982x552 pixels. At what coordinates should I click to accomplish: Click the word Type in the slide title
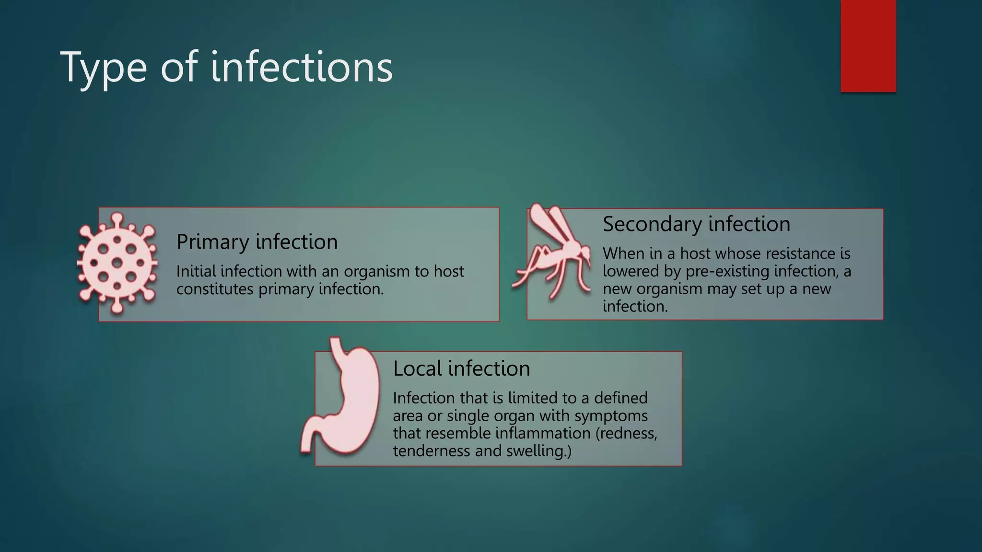[104, 68]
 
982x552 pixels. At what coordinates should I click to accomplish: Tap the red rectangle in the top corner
[868, 46]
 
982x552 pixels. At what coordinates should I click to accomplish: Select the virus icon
[117, 263]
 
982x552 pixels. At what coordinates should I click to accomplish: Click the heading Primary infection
[257, 242]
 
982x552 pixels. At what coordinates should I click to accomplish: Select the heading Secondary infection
[696, 224]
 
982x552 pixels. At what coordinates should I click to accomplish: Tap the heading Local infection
[461, 368]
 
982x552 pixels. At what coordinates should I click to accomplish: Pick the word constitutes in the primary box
[214, 289]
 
